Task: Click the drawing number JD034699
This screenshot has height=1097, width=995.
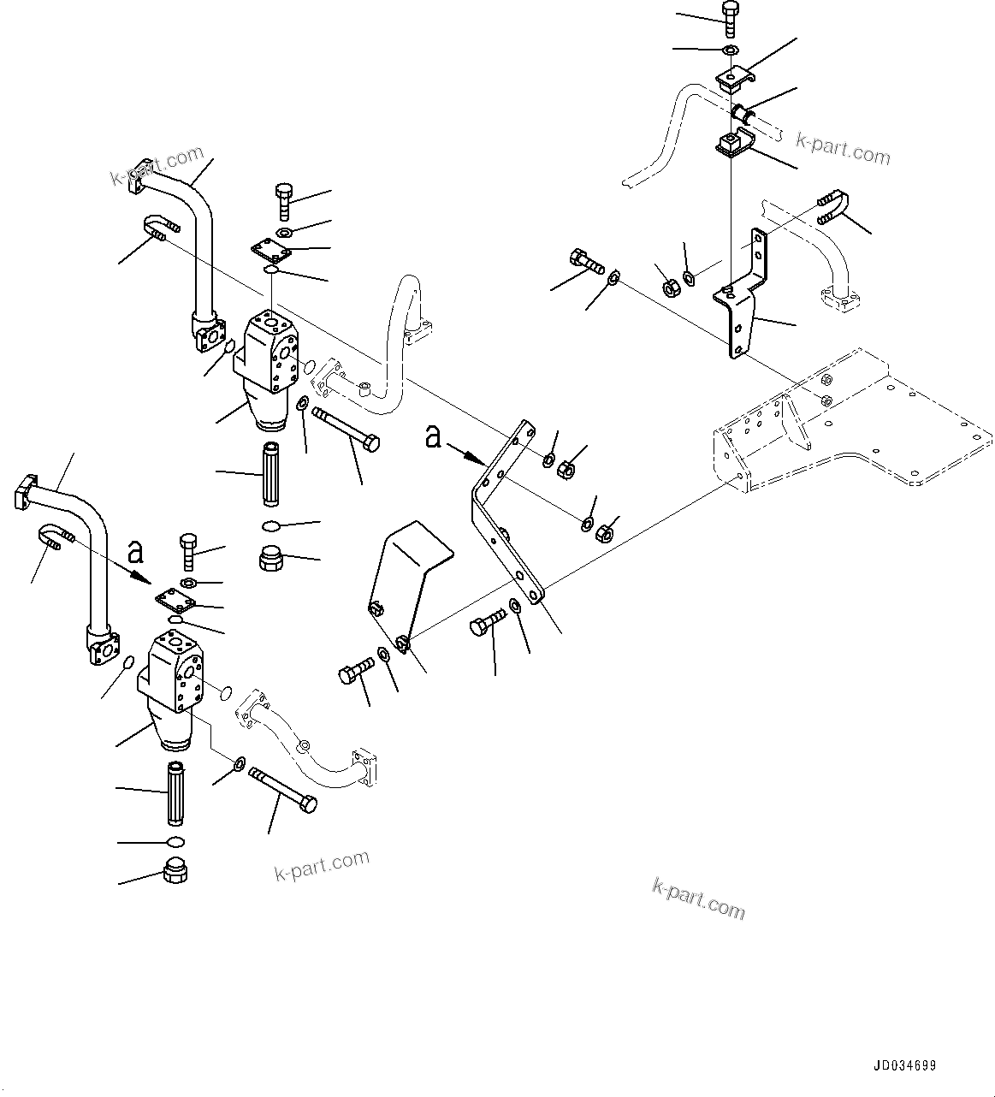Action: pos(904,1066)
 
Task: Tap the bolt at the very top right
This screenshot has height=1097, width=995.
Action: pos(729,18)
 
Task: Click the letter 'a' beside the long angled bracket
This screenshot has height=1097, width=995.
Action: pos(434,437)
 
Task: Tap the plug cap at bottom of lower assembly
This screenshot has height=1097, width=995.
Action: pos(175,872)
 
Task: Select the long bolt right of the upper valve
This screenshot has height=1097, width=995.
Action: pos(346,428)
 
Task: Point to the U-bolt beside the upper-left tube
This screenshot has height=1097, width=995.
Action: pos(162,227)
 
